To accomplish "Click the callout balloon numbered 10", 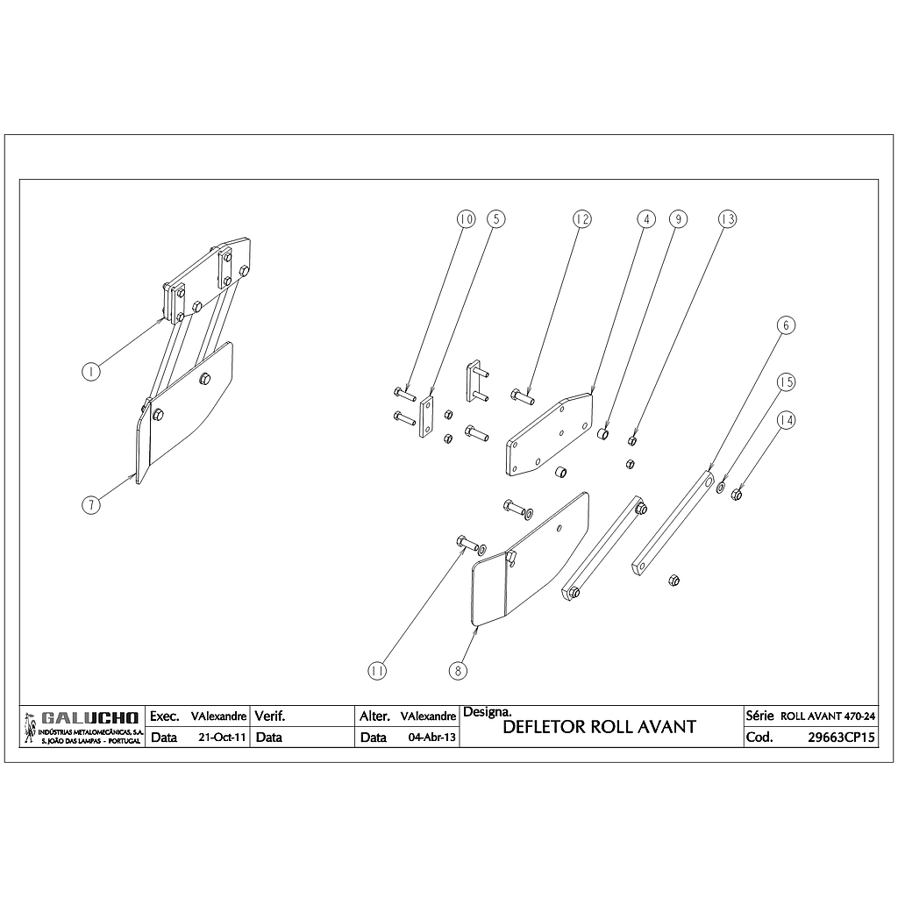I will (x=466, y=218).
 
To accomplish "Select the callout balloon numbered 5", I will (x=495, y=218).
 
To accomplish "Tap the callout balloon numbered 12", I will (x=581, y=218).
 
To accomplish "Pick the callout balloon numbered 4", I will (x=645, y=218).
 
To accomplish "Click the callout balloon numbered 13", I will (x=726, y=218).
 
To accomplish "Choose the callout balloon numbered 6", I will (x=787, y=325).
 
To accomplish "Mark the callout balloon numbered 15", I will (x=787, y=382).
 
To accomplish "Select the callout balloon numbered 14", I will (x=787, y=421).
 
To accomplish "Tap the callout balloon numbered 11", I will (x=377, y=671).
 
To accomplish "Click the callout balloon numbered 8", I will (x=457, y=671).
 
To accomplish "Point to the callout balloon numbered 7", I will (x=90, y=504).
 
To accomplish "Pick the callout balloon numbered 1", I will (x=90, y=371).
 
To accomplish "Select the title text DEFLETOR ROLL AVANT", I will (x=600, y=727).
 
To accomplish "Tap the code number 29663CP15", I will (x=841, y=738).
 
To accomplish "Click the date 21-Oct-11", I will (x=223, y=738).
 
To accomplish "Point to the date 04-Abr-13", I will (x=432, y=738).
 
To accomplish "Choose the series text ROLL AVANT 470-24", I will (x=827, y=716).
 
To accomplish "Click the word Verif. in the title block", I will (x=270, y=716).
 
